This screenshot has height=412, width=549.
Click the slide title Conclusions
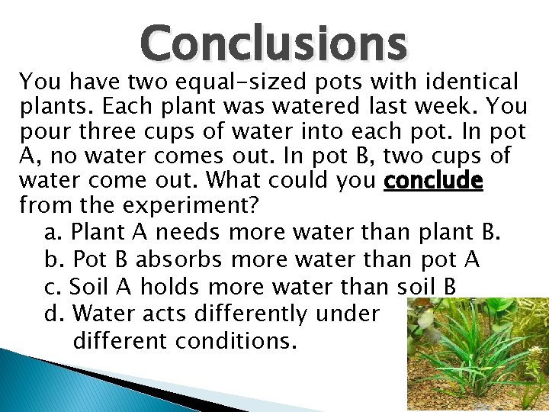pyautogui.click(x=274, y=43)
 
